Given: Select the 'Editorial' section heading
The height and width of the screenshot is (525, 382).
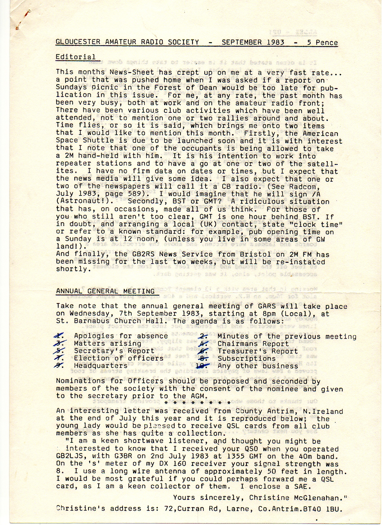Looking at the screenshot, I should (x=76, y=57).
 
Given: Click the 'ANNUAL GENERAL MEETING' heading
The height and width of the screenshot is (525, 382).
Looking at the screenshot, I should (x=105, y=291).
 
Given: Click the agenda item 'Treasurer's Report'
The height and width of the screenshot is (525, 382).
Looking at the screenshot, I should (x=257, y=351).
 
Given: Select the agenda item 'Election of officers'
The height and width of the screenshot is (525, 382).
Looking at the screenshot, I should (x=119, y=358).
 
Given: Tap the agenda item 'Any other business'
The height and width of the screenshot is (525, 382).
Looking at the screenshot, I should (x=258, y=366).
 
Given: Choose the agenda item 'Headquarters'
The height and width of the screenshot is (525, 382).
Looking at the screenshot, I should (x=101, y=366).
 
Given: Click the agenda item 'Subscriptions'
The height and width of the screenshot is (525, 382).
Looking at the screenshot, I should (x=246, y=358).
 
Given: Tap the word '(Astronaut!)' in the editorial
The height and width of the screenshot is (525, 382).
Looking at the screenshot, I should (x=78, y=201).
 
